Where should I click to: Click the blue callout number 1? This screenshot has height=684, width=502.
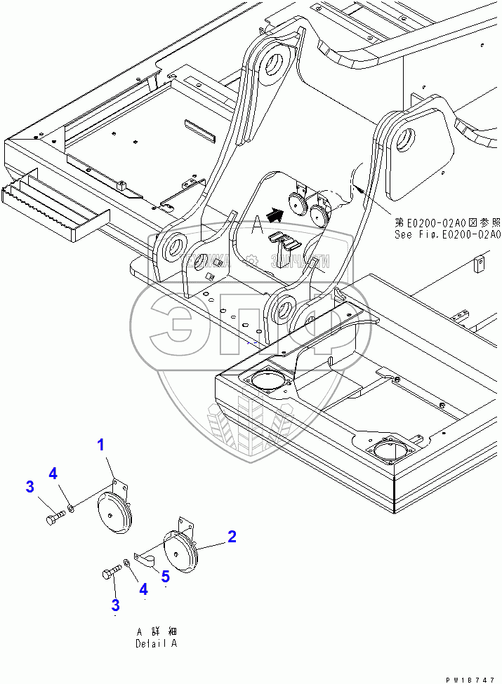coord(101,445)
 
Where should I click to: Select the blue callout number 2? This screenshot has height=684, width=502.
coord(231,537)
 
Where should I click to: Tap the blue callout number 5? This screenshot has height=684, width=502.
coord(165,576)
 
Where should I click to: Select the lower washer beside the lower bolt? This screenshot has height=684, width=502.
coord(126,562)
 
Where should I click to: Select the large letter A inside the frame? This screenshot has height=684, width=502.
coord(258,226)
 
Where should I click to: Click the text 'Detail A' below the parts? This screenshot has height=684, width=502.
coord(157,643)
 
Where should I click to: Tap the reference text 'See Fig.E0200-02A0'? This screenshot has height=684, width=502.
coord(447,235)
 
